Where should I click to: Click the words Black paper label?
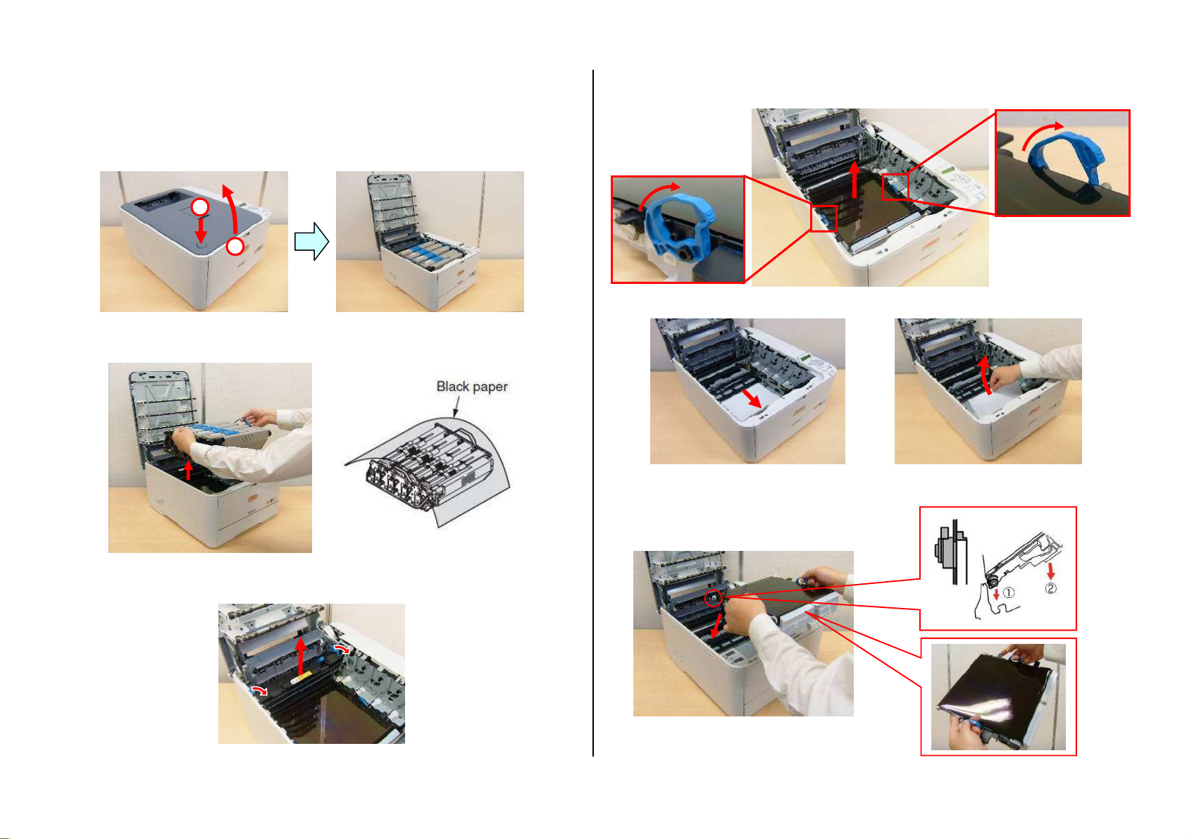click(471, 386)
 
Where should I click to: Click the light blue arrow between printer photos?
click(311, 241)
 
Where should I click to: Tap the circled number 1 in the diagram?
click(1008, 592)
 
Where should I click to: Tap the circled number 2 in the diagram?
click(1050, 588)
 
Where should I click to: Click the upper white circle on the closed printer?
click(200, 206)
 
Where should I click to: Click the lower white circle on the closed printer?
click(235, 247)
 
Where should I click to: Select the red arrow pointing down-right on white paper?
click(752, 399)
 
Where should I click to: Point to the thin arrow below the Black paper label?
click(456, 406)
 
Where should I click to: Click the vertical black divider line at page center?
click(593, 413)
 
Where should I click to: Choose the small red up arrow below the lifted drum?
click(188, 471)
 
